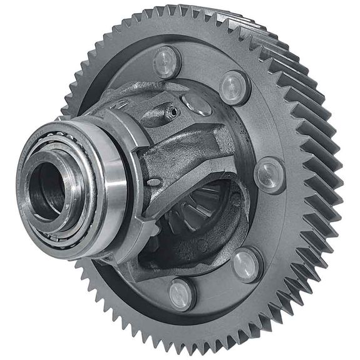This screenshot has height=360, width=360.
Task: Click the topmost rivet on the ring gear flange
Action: [167, 61]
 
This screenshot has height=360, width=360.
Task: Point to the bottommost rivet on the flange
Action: [182, 294]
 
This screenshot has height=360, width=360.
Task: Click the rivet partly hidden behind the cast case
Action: [197, 105]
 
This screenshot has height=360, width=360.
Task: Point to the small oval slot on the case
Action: [154, 182]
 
